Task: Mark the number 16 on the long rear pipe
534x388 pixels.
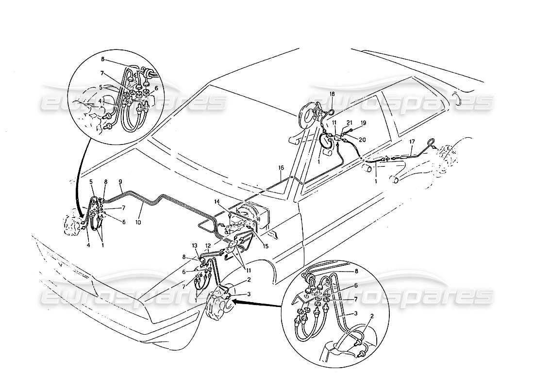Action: point(281,168)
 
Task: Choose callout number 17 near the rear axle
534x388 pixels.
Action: point(412,142)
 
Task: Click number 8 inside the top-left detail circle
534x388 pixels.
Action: point(103,60)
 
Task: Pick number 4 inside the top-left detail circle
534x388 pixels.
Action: point(100,101)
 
